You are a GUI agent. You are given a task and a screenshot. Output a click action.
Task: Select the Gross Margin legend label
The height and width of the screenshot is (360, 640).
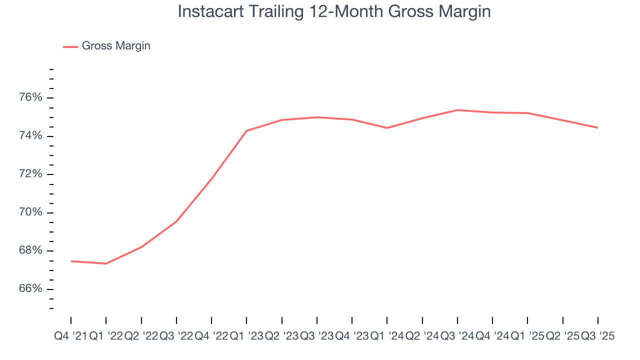point(116,46)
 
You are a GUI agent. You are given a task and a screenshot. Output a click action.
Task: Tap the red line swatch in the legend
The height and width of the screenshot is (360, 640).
point(70,46)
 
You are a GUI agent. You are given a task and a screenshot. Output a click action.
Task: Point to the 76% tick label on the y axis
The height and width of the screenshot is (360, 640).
point(30,97)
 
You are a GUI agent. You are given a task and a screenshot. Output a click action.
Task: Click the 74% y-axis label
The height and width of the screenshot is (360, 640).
point(30,136)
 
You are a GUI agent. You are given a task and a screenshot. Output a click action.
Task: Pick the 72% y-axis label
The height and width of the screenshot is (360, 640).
point(30,174)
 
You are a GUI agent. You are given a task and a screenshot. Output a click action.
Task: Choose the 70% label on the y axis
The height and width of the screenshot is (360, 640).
point(30,212)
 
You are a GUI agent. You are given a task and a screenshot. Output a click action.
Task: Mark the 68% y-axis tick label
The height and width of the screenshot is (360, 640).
point(30,251)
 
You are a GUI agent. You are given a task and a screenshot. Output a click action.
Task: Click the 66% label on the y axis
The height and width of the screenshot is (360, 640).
point(30,289)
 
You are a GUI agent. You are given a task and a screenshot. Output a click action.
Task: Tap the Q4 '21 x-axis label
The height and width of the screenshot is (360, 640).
point(70,336)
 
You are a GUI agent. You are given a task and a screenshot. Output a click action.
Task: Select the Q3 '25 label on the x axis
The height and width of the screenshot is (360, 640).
point(597,336)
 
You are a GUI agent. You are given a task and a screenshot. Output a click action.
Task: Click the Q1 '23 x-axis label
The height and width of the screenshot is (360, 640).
point(246,336)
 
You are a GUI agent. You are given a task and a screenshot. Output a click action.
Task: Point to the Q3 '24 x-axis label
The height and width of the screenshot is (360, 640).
point(457,336)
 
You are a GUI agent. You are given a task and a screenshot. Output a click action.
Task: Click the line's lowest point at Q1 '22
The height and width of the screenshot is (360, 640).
point(106,263)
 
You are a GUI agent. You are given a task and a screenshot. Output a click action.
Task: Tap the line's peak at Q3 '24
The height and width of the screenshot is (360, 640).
point(457,110)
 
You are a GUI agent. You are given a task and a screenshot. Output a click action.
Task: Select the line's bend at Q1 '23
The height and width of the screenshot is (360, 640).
point(246,131)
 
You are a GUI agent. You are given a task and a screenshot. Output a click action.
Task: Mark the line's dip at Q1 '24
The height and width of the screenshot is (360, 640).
point(387,128)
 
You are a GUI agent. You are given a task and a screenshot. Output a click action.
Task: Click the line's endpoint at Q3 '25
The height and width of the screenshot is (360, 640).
point(597,127)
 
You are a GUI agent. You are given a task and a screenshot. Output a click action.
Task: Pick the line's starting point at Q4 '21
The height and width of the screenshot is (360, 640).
point(71,261)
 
